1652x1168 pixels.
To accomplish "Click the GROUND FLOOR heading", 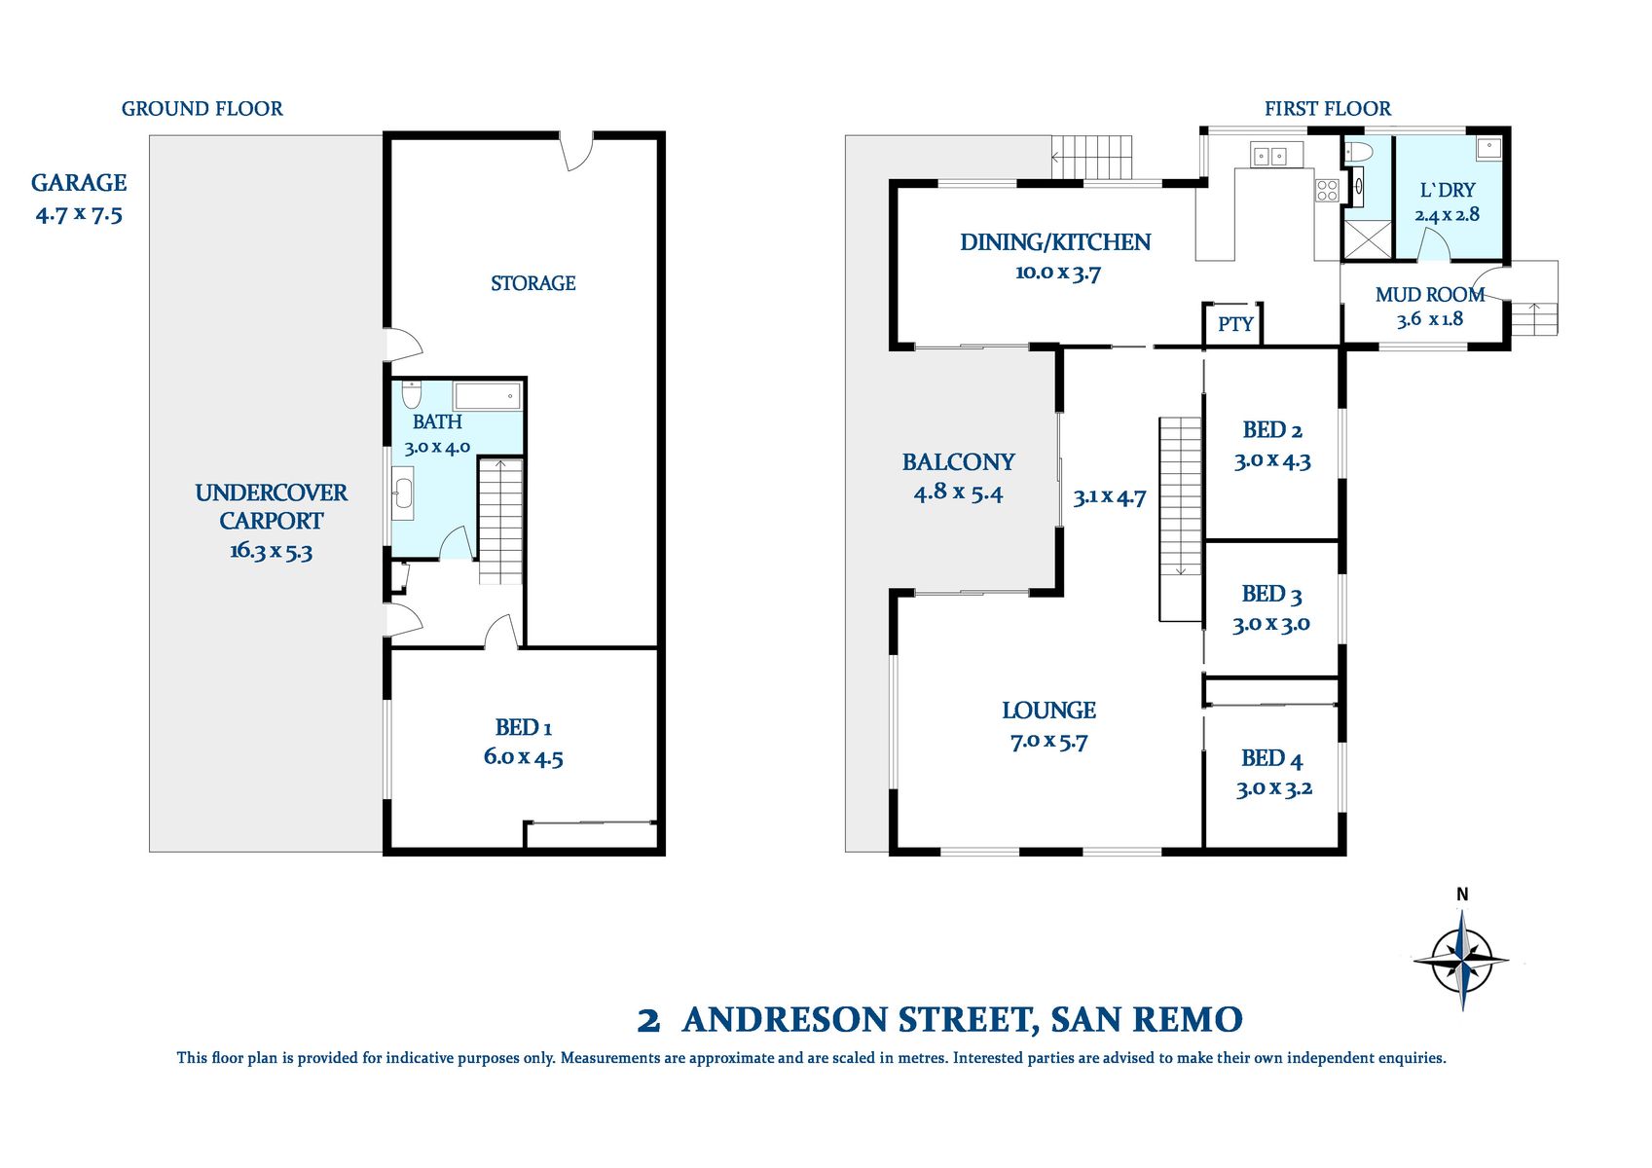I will [202, 109].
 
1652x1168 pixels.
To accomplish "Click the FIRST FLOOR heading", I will [1327, 109].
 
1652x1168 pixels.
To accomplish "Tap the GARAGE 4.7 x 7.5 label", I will [79, 198].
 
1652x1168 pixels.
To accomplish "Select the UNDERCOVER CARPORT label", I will [271, 506].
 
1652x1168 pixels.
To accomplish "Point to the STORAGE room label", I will [532, 283].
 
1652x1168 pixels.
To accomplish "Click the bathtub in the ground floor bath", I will [488, 396].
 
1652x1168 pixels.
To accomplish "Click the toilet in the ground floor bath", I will [411, 394].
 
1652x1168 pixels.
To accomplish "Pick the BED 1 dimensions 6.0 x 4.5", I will [523, 758].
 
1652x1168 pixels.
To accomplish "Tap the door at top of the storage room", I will [576, 152].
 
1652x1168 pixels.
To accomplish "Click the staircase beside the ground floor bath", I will [500, 521].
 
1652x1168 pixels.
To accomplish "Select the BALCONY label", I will [958, 462].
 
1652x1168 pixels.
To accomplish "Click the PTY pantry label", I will [1235, 324].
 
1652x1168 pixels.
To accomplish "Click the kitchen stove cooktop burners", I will [1327, 191].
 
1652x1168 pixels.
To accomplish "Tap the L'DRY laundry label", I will [1448, 191].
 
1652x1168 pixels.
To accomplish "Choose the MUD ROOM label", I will [1429, 295].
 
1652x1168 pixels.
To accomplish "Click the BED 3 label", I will [1271, 594].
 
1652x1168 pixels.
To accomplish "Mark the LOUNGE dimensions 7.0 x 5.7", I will [1048, 742].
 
